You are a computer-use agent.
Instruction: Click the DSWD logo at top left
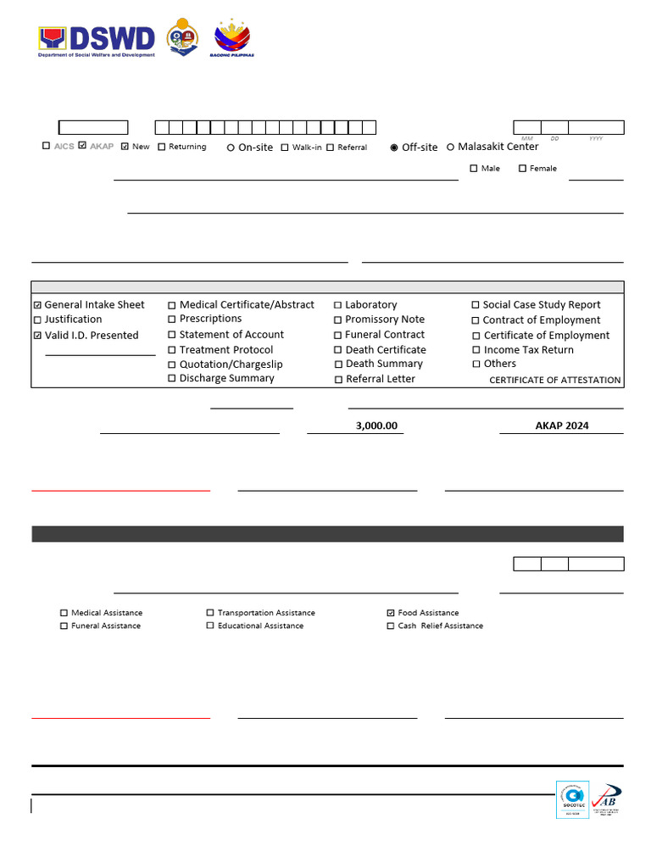click(97, 39)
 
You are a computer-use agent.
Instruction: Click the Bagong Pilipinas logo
click(232, 38)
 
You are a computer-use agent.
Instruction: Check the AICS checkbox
click(47, 146)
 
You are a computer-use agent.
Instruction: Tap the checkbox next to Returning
click(162, 147)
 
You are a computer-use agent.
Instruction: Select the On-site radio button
click(231, 147)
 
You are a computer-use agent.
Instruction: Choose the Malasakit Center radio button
click(450, 147)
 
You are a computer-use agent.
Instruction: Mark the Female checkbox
click(522, 168)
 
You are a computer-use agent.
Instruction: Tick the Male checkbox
click(474, 168)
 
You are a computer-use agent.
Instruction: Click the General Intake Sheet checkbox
click(36, 305)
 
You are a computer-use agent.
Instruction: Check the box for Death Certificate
click(338, 350)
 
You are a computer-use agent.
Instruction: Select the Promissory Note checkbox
click(338, 320)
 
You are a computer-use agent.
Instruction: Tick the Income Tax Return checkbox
click(476, 350)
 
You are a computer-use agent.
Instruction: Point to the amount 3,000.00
click(376, 426)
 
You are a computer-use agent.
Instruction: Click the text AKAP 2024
click(561, 426)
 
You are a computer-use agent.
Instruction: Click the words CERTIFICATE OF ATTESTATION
click(554, 380)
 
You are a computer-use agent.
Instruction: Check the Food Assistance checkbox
click(390, 612)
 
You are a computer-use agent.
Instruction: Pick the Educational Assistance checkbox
click(210, 626)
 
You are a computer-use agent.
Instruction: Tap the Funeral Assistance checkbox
click(64, 626)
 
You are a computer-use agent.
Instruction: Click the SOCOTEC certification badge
click(572, 799)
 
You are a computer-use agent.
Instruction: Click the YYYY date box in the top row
click(596, 127)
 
